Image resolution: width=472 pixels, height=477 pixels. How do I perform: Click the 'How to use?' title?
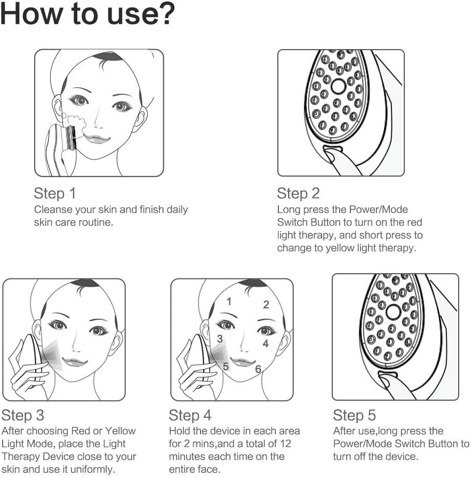[x=88, y=15]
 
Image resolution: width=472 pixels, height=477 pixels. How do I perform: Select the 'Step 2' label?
[x=298, y=193]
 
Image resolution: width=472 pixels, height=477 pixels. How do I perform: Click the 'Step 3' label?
[x=23, y=415]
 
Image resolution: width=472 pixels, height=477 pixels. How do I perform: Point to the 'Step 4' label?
[x=190, y=415]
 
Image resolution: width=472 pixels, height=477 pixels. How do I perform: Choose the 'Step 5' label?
[x=355, y=415]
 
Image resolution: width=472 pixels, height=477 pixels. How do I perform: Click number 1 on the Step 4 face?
[x=229, y=301]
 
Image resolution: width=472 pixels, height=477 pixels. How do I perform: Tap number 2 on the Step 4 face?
[x=266, y=305]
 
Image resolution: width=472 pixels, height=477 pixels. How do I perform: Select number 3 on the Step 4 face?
[x=220, y=339]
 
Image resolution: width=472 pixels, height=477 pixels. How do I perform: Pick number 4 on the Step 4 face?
[x=265, y=344]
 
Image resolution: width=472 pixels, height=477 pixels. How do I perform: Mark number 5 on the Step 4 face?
[x=226, y=367]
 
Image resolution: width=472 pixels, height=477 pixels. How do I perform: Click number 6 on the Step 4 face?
[x=258, y=369]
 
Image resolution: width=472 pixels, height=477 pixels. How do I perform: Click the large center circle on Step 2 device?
[x=339, y=86]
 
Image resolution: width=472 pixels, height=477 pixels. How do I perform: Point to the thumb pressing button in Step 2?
[x=333, y=157]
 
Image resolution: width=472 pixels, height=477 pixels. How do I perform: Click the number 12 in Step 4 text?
[x=286, y=444]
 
